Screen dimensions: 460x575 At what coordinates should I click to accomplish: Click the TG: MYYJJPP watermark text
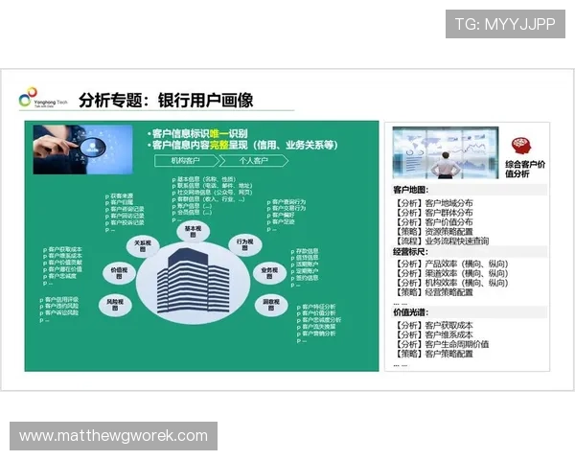505,23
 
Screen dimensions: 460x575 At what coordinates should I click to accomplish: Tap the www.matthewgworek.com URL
114,436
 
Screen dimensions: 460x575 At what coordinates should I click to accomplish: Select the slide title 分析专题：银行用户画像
166,100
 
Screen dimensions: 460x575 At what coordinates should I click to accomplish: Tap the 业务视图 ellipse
269,272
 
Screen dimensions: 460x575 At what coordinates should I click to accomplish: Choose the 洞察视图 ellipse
271,305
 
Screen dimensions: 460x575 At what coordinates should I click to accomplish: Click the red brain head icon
521,146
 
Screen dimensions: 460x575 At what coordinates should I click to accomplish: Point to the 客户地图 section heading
410,190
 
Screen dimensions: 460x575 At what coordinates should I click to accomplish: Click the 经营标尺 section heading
410,251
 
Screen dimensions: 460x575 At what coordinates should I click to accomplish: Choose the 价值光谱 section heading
410,312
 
